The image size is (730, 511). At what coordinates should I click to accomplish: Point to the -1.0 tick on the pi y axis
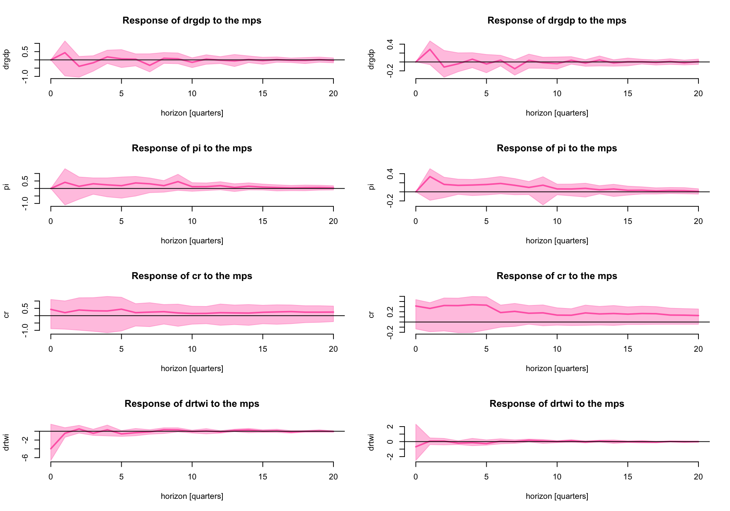point(25,204)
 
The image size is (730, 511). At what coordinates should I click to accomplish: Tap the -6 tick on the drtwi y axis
point(25,458)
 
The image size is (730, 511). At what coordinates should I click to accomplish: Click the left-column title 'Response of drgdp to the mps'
point(192,21)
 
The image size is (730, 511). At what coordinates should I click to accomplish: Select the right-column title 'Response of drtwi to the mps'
point(557,404)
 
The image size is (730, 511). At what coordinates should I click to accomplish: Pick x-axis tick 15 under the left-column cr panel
point(263,349)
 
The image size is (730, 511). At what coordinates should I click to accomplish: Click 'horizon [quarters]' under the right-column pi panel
point(557,241)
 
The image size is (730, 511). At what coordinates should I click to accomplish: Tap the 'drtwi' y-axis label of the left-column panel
point(6,442)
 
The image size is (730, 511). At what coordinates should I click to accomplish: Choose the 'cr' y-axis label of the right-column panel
point(371,314)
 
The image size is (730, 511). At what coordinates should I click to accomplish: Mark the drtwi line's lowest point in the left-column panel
point(51,449)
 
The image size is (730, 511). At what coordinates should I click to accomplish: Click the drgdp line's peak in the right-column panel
point(430,49)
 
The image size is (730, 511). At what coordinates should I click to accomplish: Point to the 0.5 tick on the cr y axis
point(25,308)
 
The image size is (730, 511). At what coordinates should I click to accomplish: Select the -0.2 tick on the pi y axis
point(390,201)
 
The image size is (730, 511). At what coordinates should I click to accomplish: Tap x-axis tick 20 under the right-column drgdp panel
point(698,94)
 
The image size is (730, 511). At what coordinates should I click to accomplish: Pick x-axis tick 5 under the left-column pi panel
point(121,221)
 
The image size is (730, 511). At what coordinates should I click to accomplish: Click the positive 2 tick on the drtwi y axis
point(390,427)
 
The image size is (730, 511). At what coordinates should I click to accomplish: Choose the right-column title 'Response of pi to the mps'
point(557,148)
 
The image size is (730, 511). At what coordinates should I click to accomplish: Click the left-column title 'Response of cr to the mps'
point(192,276)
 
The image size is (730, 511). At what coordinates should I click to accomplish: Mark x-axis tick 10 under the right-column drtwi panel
point(557,477)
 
